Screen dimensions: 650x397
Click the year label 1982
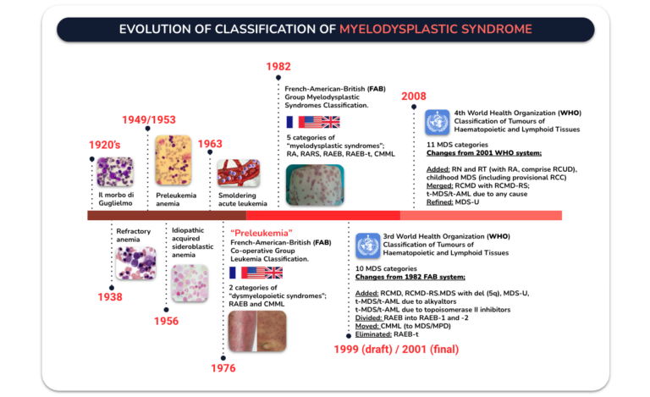coord(278,66)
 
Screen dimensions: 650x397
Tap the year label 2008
coord(413,96)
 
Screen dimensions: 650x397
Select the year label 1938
coord(110,297)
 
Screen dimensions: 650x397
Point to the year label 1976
coord(223,368)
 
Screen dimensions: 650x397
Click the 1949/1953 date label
coord(149,119)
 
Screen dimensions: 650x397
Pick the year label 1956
coord(166,321)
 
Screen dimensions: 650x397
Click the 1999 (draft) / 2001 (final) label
coord(396,350)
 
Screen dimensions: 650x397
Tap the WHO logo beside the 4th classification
coord(437,122)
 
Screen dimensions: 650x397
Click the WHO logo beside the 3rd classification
coord(367,245)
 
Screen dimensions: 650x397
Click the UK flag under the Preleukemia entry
coord(273,273)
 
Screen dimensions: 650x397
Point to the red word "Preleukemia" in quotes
coord(262,233)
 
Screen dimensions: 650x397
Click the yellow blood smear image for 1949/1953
coord(174,160)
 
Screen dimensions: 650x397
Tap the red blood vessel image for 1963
coord(239,173)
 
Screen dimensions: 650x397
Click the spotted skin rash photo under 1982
coord(315,185)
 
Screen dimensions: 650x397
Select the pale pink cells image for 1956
coord(190,284)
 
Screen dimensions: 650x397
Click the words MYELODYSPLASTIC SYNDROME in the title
coord(436,29)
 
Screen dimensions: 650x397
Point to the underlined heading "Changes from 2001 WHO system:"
coord(484,153)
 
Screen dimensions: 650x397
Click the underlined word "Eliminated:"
coord(373,334)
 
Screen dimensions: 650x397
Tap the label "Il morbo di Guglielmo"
coord(116,199)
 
